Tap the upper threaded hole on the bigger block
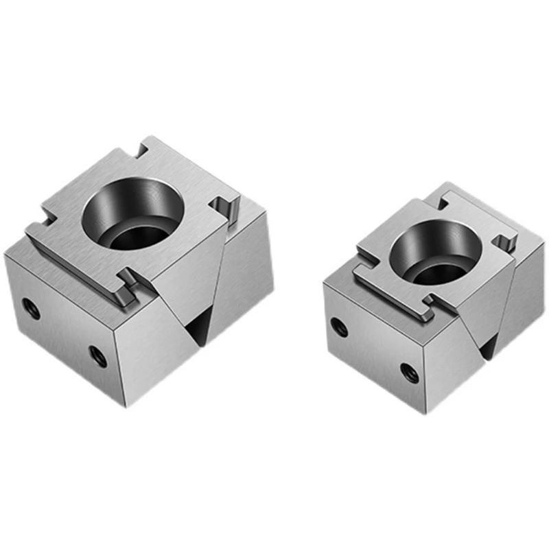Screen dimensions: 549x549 click(30, 310)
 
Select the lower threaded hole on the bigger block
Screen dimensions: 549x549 click(98, 356)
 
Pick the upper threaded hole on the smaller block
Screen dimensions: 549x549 click(337, 327)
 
